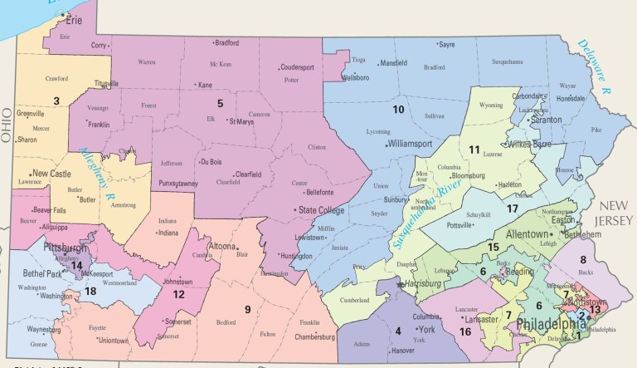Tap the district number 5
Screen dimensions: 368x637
click(220, 104)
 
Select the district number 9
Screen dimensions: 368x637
click(247, 310)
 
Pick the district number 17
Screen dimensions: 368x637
click(513, 208)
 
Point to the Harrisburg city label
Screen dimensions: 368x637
click(428, 284)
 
